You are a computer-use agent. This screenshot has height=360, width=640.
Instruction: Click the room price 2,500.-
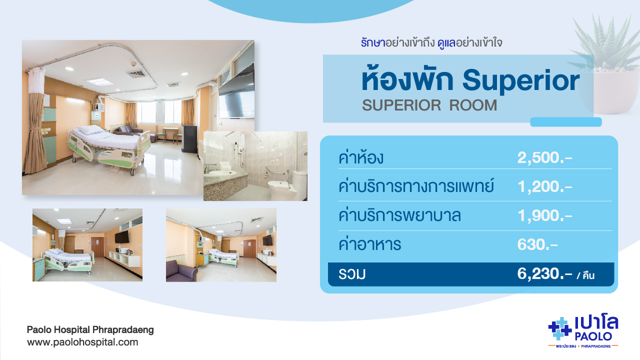tap(544, 157)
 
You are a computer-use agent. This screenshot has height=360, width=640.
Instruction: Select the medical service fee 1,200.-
tap(544, 186)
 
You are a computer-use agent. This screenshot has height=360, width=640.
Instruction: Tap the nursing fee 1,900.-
tap(544, 215)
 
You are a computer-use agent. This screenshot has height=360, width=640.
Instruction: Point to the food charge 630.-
tap(537, 244)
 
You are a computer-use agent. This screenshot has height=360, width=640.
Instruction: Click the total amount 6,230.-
tap(544, 273)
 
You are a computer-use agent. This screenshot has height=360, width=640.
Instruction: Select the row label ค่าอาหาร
tap(369, 244)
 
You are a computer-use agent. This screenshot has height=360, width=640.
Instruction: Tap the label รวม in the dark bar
tap(352, 274)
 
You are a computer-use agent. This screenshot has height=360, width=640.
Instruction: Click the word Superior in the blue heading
tap(521, 81)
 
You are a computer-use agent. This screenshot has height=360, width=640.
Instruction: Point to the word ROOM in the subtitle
tap(473, 105)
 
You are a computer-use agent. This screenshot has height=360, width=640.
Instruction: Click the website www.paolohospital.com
tap(82, 342)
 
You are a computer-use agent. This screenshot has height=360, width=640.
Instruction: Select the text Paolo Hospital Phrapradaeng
tap(90, 329)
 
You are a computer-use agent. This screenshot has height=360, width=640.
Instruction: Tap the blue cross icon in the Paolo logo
tap(559, 329)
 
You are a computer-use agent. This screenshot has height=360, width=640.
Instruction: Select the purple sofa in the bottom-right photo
tap(181, 271)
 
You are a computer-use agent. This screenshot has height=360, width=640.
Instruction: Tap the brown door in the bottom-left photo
tap(97, 247)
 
